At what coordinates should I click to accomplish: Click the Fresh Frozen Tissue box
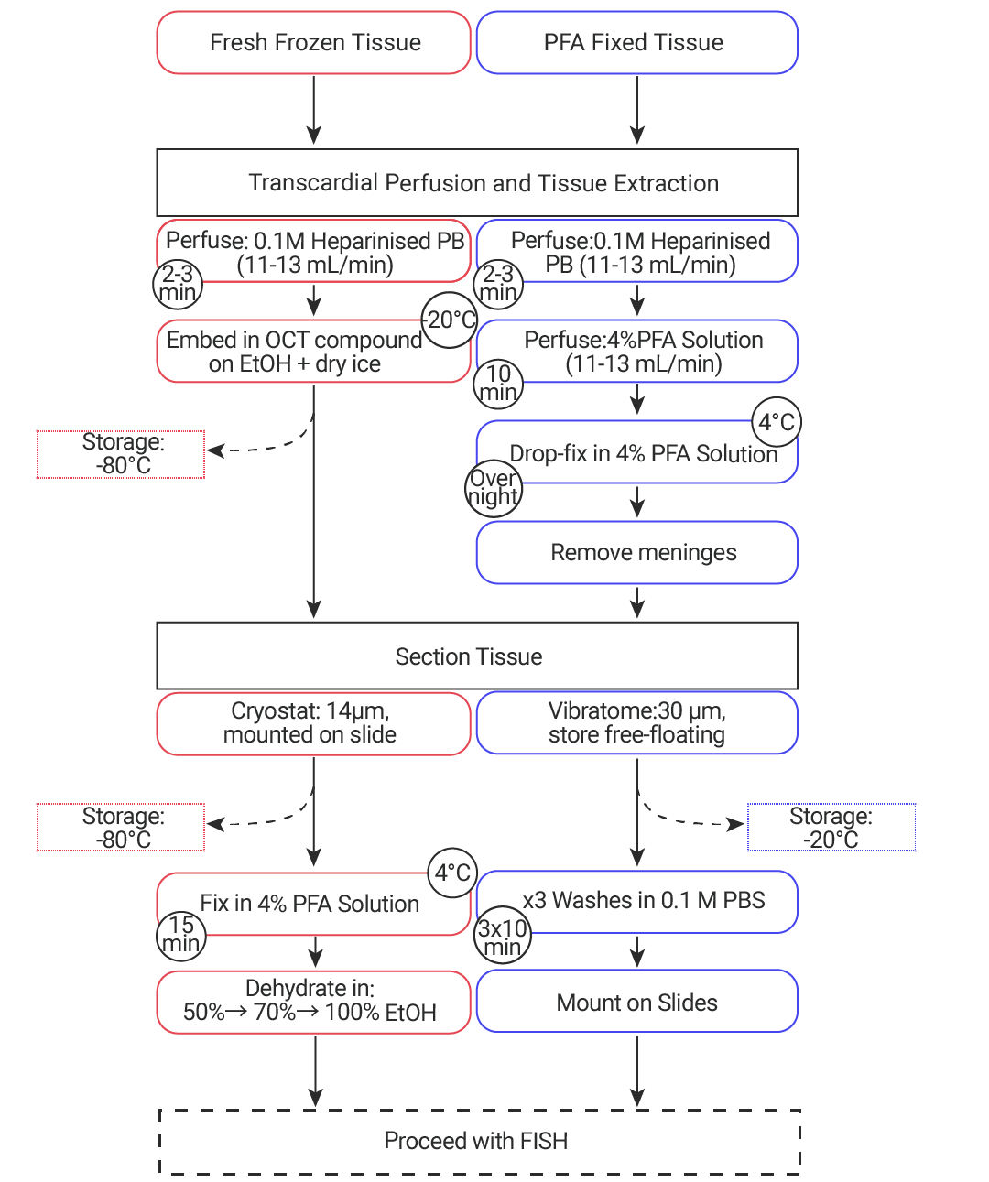coord(313,43)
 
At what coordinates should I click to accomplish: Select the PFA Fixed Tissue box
coord(636,43)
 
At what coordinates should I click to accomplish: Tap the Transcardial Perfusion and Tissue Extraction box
coord(477,183)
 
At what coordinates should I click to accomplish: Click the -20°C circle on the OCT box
coord(450,320)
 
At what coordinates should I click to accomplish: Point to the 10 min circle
coord(498,384)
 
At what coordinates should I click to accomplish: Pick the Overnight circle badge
coord(493,489)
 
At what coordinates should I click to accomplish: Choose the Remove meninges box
coord(636,553)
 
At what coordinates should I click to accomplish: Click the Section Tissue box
coord(477,656)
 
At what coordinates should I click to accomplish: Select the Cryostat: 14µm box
coord(313,723)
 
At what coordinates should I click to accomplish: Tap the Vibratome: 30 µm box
coord(636,723)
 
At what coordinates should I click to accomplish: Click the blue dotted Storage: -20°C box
coord(831,828)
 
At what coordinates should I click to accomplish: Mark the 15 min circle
coord(180,935)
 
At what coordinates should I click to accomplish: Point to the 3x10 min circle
coord(503,938)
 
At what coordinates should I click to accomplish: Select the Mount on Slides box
coord(636,1002)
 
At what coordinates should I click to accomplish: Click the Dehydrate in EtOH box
coord(313,1002)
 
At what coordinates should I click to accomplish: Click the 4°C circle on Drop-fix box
coord(776,422)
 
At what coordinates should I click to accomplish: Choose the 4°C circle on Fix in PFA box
coord(452,873)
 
